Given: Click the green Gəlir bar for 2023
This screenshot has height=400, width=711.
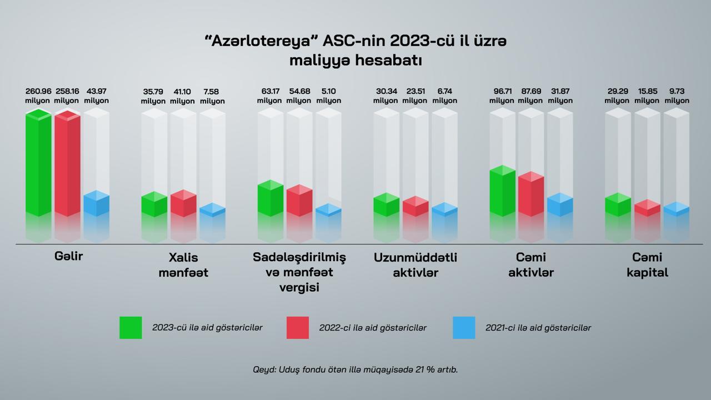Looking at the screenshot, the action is (x=38, y=163).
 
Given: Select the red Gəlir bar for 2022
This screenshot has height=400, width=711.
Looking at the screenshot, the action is (x=67, y=163).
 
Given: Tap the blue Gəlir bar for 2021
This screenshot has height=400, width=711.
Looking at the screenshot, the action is (x=97, y=203).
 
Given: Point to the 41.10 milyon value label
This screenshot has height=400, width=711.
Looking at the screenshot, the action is (x=182, y=96).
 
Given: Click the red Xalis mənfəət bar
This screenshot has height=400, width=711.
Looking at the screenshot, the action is (x=183, y=203).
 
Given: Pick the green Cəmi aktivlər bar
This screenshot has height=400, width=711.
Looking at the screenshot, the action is (x=503, y=191).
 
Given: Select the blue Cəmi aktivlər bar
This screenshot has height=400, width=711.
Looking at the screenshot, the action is (x=560, y=205).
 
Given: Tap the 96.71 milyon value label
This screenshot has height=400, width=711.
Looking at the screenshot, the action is (x=502, y=96).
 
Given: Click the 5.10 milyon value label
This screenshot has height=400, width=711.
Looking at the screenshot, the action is (x=328, y=96).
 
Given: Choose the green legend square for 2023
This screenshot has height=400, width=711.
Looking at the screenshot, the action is (x=131, y=328).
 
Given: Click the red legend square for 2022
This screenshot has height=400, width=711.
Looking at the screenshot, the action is (x=297, y=328).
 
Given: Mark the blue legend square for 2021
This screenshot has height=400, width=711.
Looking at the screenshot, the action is (x=464, y=328).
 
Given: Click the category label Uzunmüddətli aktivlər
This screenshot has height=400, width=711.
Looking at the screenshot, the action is (x=415, y=265).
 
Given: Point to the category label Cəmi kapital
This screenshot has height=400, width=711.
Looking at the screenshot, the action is (x=647, y=265).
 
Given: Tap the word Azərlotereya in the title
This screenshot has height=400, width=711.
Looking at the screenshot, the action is (x=261, y=41).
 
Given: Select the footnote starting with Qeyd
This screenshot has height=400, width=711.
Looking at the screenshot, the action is (x=355, y=369).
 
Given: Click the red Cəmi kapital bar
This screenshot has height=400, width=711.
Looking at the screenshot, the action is (x=648, y=208).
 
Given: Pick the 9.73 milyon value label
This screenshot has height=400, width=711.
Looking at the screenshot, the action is (x=677, y=96).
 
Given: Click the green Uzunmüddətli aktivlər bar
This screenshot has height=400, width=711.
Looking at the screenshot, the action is (x=387, y=205).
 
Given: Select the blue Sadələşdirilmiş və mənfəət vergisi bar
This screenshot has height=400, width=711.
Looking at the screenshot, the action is (x=328, y=210).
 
